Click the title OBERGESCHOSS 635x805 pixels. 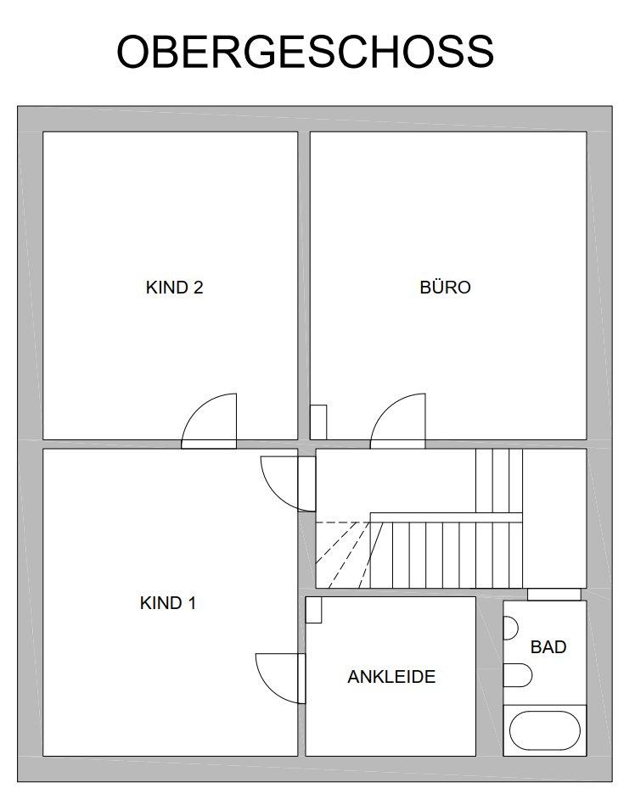(305, 52)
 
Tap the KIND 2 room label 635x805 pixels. (174, 287)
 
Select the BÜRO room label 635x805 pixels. (445, 287)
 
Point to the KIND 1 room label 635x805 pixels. (168, 602)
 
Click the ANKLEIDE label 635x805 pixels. (391, 677)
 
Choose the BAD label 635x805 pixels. (548, 647)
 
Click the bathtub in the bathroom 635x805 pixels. (544, 730)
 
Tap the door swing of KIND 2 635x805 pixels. (195, 411)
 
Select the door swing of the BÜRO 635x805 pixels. (385, 411)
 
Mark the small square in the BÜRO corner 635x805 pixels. (318, 422)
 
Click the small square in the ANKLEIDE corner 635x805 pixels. (313, 610)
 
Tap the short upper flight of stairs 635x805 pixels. (499, 480)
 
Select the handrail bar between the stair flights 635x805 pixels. (446, 517)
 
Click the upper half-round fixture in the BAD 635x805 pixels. (511, 628)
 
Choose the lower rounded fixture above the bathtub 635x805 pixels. (517, 675)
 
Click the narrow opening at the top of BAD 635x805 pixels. (554, 595)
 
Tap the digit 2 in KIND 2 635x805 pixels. (199, 287)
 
